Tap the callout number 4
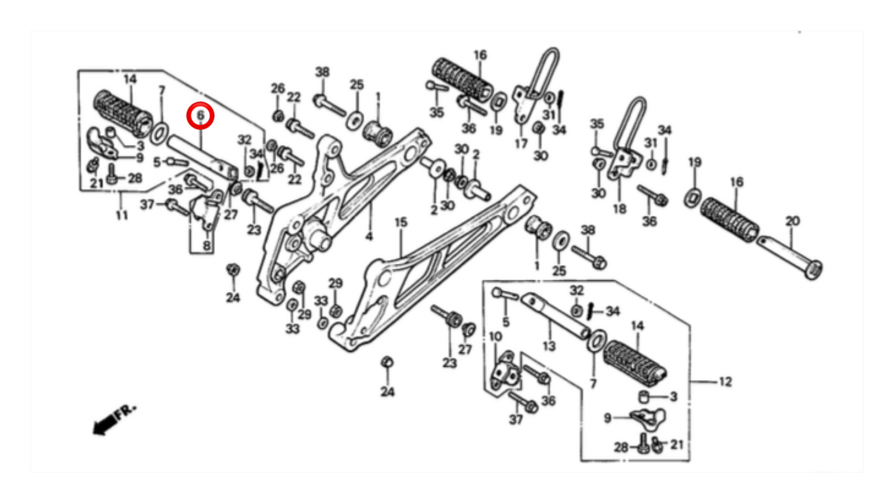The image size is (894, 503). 369,237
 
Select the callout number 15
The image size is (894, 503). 401,222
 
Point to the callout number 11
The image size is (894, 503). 122,215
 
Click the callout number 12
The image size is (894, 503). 725,382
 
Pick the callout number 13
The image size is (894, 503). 549,346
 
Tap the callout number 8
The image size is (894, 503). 206,245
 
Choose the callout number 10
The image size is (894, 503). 495,337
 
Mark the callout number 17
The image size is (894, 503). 521,143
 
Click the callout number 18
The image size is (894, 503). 620,209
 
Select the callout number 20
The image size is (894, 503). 793,221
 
